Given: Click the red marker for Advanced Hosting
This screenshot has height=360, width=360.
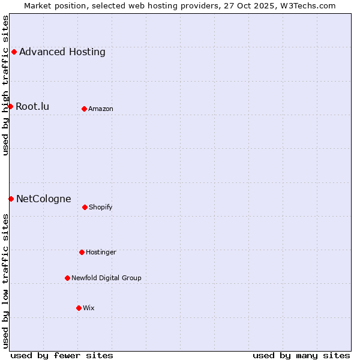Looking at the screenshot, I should coord(14,52).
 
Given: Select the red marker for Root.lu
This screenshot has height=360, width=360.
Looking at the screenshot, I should coord(10,106).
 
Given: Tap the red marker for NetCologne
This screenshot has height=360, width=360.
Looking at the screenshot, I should coord(11,199).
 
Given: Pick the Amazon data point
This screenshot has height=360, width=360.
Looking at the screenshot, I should coord(84,109).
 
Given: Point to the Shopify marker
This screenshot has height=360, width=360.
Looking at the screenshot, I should coord(85,207).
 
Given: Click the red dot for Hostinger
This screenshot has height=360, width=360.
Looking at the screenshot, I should coord(82,252).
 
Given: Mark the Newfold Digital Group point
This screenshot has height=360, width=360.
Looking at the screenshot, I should coord(67,278).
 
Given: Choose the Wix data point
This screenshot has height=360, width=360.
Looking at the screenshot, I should coord(79,308).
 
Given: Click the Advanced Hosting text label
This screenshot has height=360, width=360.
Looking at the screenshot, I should coord(62,52).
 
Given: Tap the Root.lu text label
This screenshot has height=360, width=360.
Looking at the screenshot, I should coord(32,106).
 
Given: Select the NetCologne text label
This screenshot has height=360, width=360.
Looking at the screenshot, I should coord(44,199).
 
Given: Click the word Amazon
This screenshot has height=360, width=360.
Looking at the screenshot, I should coord(101,109).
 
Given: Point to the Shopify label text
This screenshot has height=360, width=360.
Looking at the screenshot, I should coord(101,207).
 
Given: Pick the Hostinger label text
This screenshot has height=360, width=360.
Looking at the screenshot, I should coord(101,252).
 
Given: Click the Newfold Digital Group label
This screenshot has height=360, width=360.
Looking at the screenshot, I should coord(106,278).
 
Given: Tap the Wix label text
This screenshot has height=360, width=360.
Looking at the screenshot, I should coord(89,308).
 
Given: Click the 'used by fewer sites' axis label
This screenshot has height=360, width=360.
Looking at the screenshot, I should coord(62,355).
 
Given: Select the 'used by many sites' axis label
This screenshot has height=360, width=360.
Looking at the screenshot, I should coord(301,355).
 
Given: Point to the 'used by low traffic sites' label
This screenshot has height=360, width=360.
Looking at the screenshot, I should coord(5,281).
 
